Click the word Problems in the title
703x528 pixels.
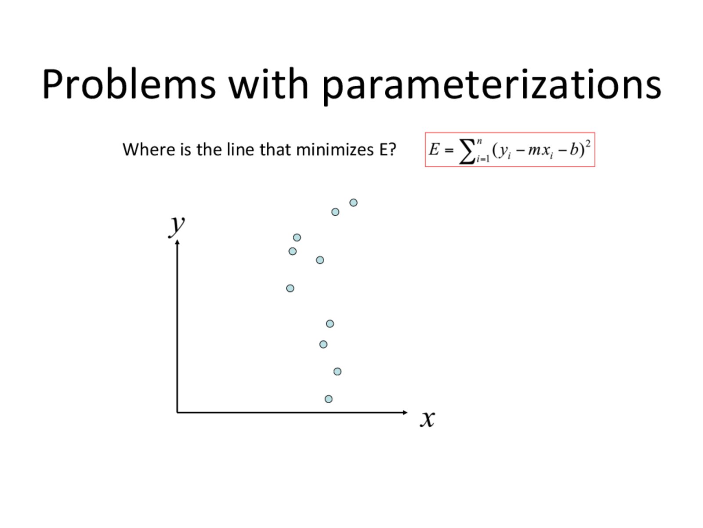pos(129,84)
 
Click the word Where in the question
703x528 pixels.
pos(149,150)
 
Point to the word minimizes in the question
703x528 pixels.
pos(335,150)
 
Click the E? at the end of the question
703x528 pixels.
pos(388,150)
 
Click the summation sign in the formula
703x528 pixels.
pos(467,152)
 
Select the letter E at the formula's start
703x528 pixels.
pos(434,150)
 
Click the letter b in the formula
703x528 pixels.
pos(574,149)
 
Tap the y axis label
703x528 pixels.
pos(177,226)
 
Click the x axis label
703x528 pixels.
pos(428,419)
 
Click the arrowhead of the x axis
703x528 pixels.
pos(406,412)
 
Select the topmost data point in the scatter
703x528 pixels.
pos(353,202)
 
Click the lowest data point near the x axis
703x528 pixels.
pos(328,399)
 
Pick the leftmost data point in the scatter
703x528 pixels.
pos(290,289)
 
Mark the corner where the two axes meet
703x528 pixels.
pos(177,412)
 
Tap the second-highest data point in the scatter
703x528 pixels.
pos(335,212)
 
